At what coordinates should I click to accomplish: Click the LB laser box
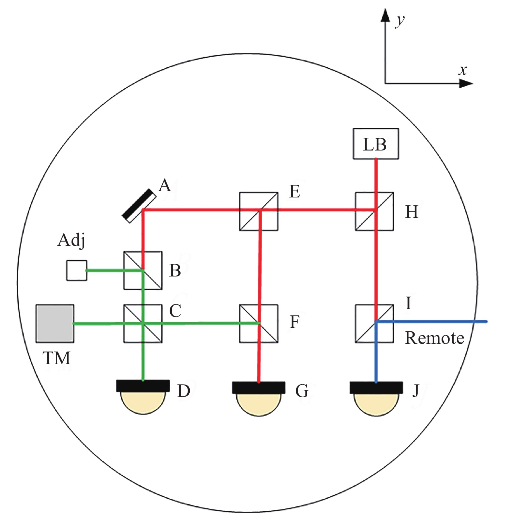point(376,144)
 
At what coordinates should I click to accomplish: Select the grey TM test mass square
point(55,323)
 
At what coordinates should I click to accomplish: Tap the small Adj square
point(76,270)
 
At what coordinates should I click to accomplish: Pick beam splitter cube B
point(143,270)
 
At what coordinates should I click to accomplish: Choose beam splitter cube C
point(143,323)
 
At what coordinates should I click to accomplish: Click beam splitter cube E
point(258,211)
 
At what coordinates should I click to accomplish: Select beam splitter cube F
point(258,323)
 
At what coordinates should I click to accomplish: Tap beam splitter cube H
point(374,211)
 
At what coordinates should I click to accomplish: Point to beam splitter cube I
point(374,323)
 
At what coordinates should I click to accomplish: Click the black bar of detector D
point(143,386)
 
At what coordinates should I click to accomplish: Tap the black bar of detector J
point(376,388)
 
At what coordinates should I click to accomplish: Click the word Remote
point(434,338)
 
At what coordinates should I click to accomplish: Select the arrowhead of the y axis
point(385,16)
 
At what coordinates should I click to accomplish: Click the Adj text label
point(72,240)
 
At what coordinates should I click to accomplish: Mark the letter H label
point(412,212)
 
